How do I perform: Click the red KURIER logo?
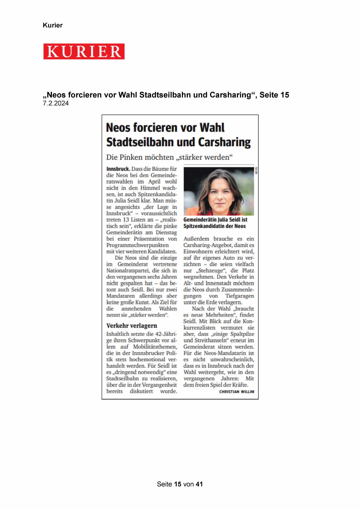pyautogui.click(x=84, y=52)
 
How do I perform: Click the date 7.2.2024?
pyautogui.click(x=56, y=104)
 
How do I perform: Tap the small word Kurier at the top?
pyautogui.click(x=53, y=25)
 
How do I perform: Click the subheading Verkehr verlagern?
pyautogui.click(x=131, y=326)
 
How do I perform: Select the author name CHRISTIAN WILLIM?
pyautogui.click(x=236, y=392)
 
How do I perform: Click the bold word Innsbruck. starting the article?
pyautogui.click(x=118, y=169)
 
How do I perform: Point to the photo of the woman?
pyautogui.click(x=219, y=191)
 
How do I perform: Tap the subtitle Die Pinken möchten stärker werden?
pyautogui.click(x=169, y=157)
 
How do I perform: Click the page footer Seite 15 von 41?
pyautogui.click(x=180, y=484)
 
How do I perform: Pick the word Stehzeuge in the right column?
pyautogui.click(x=209, y=270)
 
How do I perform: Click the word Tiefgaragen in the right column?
pyautogui.click(x=240, y=296)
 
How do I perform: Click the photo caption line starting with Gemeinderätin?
pyautogui.click(x=215, y=220)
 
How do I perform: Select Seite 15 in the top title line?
pyautogui.click(x=274, y=95)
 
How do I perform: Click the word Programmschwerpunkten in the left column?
pyautogui.click(x=137, y=245)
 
